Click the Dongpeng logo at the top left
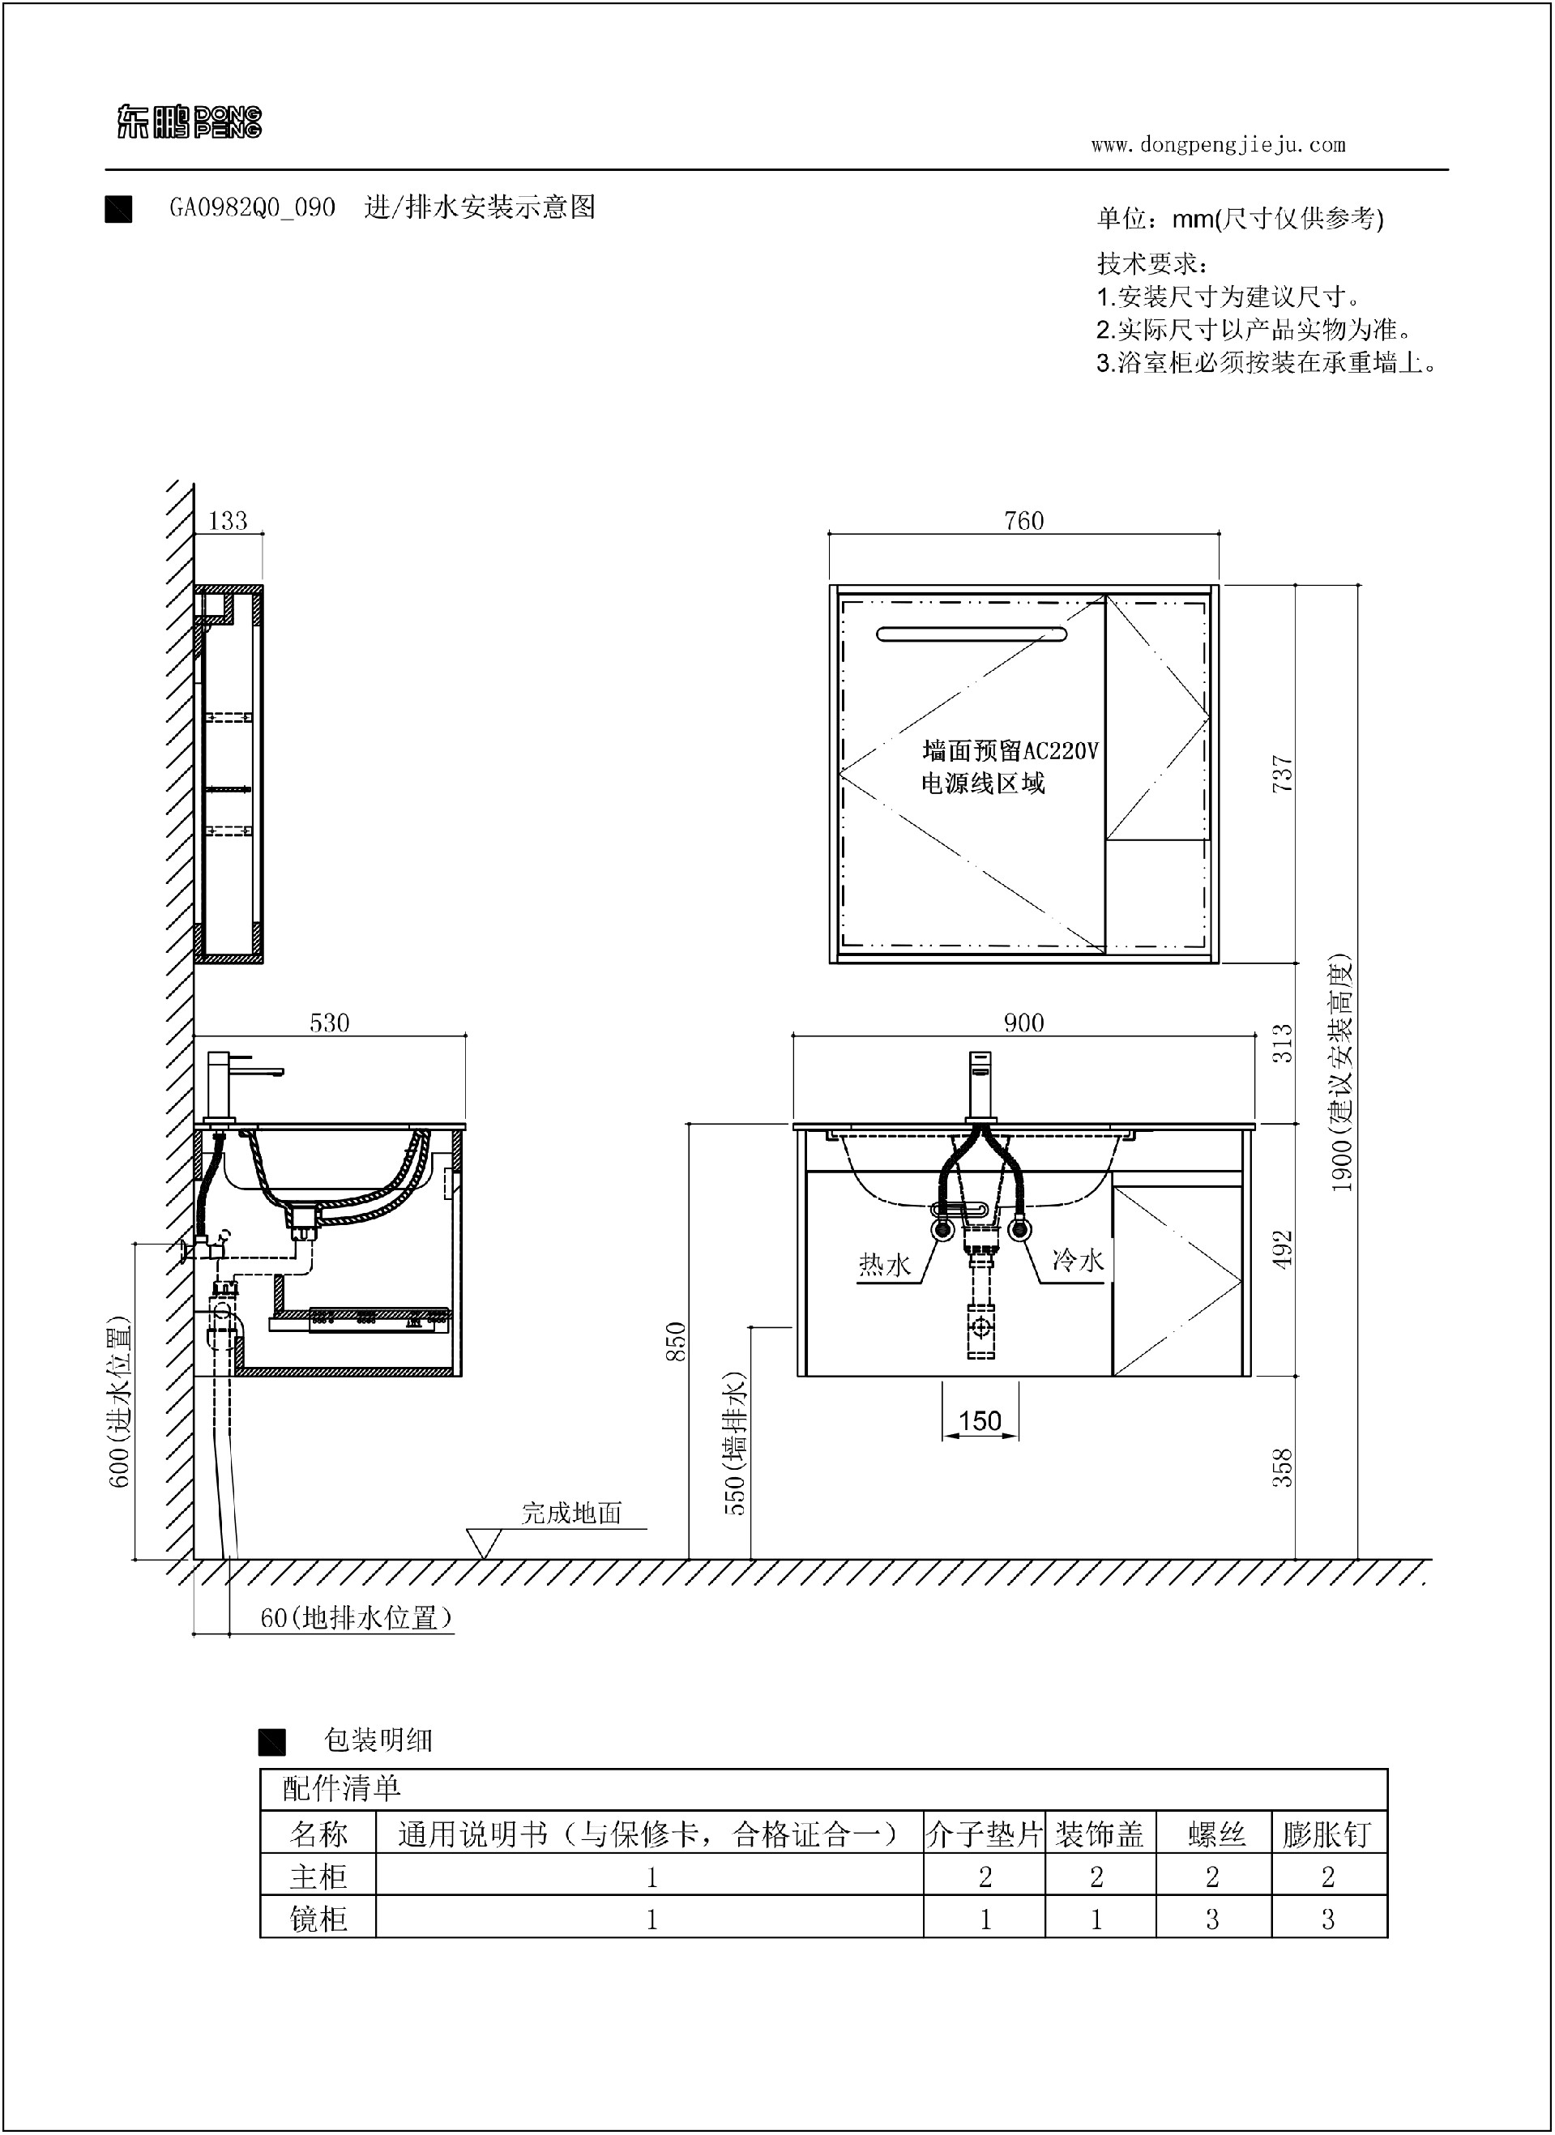(x=189, y=122)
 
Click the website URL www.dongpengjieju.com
(x=1218, y=145)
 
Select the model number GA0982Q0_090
(x=252, y=207)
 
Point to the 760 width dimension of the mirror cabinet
(x=1024, y=520)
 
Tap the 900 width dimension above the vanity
(x=1023, y=1023)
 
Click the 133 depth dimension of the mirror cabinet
(x=228, y=520)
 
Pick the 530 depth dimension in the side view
(x=330, y=1023)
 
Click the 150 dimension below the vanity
(x=980, y=1420)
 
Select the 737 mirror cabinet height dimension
(x=1282, y=773)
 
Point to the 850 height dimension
(x=676, y=1342)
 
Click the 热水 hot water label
(x=885, y=1265)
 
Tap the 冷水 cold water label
(x=1078, y=1260)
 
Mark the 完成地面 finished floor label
(x=572, y=1513)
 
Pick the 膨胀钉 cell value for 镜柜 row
(x=1328, y=1919)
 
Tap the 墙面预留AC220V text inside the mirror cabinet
(x=1010, y=750)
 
